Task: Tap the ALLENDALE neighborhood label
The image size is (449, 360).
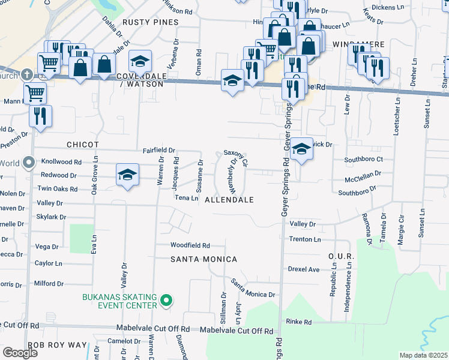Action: tap(229, 199)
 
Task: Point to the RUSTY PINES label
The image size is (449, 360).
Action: tap(151, 22)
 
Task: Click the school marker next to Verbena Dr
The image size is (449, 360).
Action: tap(140, 61)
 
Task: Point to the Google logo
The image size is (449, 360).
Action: tap(20, 353)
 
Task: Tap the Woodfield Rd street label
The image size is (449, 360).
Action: tap(190, 245)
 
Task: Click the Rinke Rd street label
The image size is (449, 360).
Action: tap(298, 322)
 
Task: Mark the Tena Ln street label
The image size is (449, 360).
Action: tap(186, 197)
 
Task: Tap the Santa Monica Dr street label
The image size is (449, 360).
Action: tap(253, 290)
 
